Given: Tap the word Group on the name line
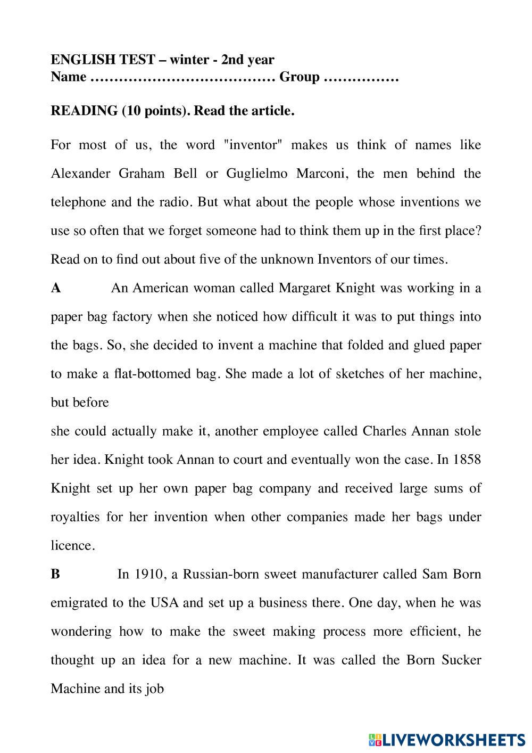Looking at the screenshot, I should point(300,77).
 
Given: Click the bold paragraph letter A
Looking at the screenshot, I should point(56,288).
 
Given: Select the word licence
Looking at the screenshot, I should point(72,546).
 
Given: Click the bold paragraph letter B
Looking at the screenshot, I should point(55,574).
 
